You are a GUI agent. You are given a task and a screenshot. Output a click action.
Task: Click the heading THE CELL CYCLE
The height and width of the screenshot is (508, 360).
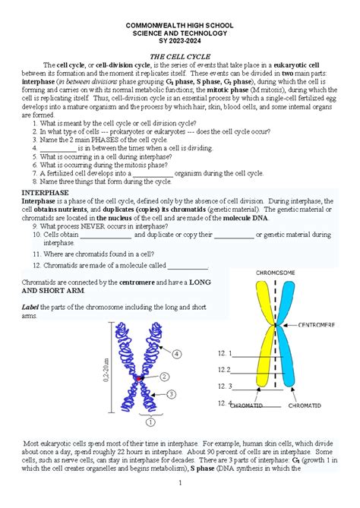tap(179, 56)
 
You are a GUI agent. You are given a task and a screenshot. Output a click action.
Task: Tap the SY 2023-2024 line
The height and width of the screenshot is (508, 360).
tap(179, 43)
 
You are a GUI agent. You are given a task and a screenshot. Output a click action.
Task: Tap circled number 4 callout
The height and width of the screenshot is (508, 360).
tap(175, 353)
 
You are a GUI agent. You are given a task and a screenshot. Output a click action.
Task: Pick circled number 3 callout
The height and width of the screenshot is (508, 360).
tap(172, 394)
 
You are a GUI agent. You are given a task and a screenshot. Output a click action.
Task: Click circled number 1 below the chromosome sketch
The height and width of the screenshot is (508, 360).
tap(150, 422)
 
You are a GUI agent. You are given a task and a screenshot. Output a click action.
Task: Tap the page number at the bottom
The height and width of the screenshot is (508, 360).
tap(180, 483)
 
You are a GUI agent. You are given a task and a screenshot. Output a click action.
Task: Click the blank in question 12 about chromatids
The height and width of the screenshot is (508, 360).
tap(187, 267)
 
